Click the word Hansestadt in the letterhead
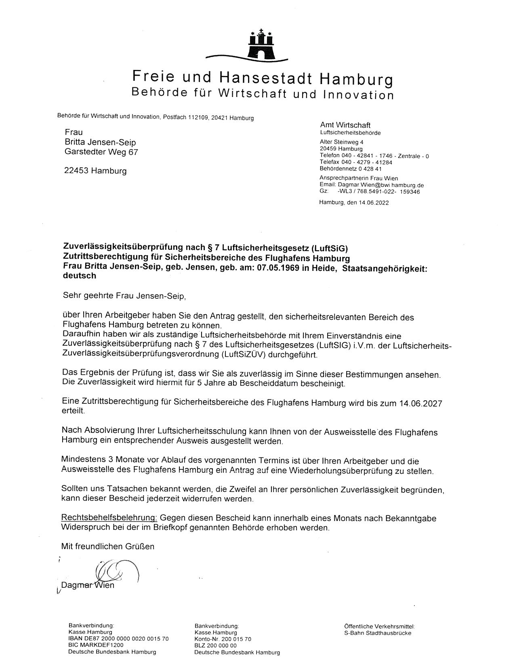(266, 77)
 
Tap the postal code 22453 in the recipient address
(77, 171)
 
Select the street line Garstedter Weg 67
(101, 152)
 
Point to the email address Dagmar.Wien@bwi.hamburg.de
(380, 185)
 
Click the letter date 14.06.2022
(373, 203)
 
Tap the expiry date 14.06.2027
(420, 403)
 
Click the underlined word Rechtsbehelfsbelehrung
(109, 518)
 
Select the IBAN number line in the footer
(118, 639)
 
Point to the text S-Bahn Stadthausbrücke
(378, 633)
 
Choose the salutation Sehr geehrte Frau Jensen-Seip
(124, 296)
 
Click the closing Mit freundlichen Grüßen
(107, 547)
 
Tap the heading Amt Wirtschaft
(345, 125)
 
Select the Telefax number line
(350, 163)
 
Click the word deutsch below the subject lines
(80, 276)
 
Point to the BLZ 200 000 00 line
(215, 646)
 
